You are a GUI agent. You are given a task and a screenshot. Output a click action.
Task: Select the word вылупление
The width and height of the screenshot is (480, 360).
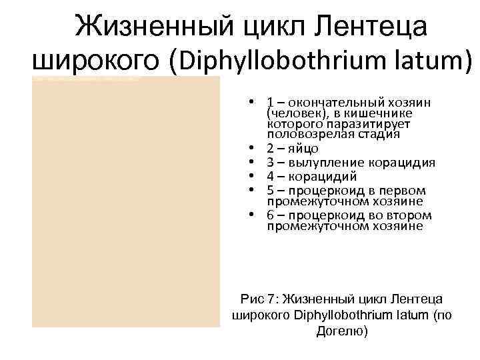point(319,163)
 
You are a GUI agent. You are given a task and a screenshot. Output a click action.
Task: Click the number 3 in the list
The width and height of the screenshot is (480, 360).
point(270,163)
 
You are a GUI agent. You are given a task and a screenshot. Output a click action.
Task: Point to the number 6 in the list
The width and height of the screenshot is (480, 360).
point(270,216)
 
